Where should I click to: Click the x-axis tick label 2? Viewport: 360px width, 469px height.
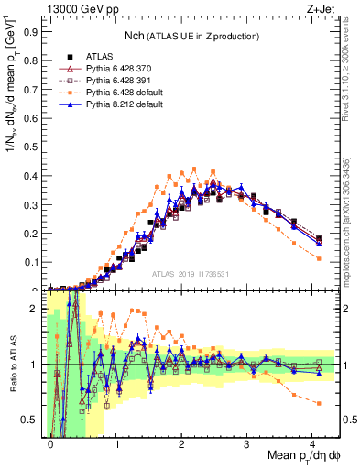(181, 442)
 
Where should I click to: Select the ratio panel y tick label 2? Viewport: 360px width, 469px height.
(38, 309)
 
